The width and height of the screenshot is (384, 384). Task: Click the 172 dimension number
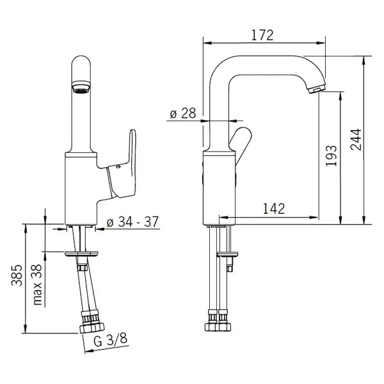262,35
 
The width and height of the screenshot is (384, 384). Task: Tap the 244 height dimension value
356,140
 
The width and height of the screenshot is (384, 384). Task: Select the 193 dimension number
331,156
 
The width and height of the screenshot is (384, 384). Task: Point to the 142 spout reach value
274,209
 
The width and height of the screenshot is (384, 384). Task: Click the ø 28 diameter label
183,113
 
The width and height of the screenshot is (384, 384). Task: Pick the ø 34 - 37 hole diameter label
132,221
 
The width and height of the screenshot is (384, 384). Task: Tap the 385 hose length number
17,275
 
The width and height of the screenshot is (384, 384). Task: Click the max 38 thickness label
38,284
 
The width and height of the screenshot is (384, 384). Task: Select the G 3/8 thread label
111,340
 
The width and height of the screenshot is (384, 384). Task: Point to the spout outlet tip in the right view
317,89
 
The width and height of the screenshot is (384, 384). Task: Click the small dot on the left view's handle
118,167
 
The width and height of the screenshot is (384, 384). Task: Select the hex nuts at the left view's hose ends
92,327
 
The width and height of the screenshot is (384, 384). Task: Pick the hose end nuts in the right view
218,326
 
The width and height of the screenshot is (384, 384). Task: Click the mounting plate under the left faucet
82,253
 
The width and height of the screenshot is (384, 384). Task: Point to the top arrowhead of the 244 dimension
364,60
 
